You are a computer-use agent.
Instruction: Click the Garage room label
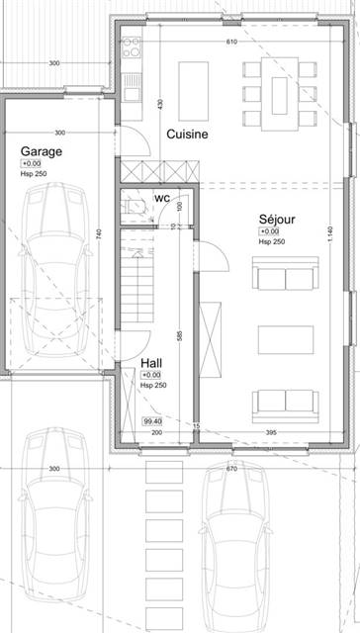click(x=42, y=151)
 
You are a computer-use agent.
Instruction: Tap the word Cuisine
click(x=187, y=134)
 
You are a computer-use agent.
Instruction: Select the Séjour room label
click(x=277, y=220)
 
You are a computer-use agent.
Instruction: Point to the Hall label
click(x=151, y=364)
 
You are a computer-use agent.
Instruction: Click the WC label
click(x=161, y=198)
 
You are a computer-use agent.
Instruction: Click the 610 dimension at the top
click(x=231, y=43)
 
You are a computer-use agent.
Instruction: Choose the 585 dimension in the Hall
click(x=179, y=335)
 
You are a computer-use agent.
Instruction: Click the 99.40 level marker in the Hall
click(x=152, y=422)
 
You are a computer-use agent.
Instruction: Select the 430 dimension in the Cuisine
click(x=160, y=104)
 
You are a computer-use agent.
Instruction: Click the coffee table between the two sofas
click(x=285, y=339)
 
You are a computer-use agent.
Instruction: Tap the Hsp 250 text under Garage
click(x=33, y=175)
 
